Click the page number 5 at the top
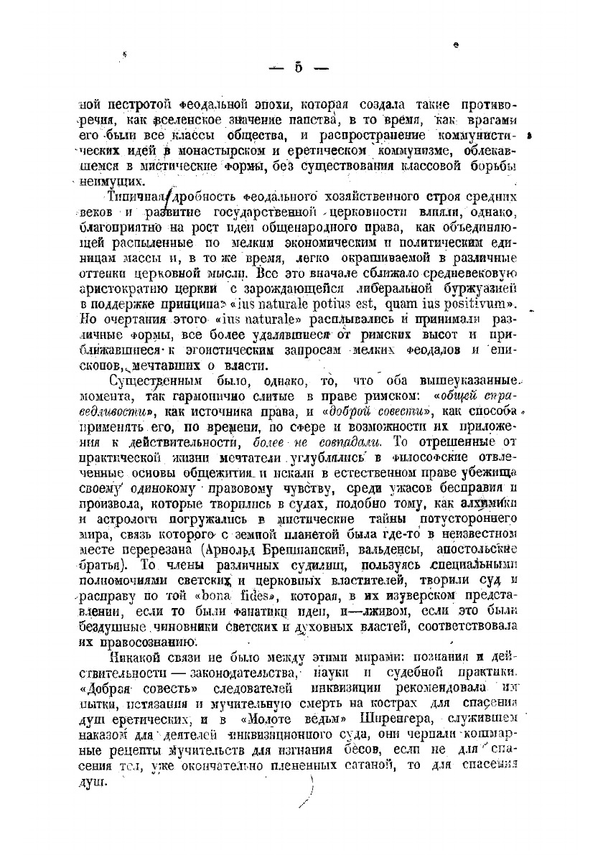click(x=297, y=69)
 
